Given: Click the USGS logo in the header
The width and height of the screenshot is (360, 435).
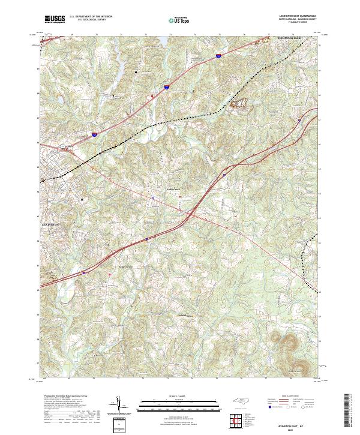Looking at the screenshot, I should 55,20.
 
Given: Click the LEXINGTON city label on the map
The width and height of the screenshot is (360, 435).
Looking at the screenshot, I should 51,223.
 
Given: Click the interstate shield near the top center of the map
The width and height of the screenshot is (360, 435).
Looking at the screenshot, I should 217,56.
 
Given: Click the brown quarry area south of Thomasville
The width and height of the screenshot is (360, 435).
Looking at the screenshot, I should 239,107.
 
